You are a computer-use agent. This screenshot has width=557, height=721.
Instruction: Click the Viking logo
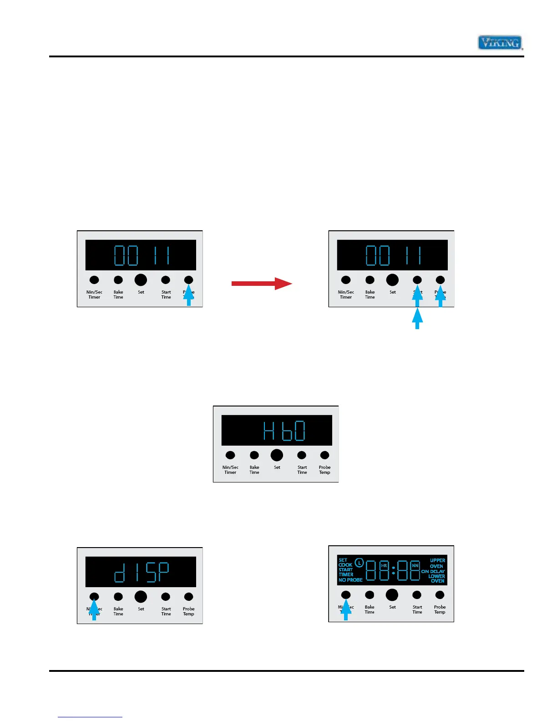[x=500, y=43]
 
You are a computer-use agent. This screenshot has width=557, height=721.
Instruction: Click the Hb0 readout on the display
[x=284, y=431]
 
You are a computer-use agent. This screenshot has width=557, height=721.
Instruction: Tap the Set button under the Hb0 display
[x=277, y=455]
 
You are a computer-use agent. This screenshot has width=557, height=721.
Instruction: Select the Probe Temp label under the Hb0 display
[x=324, y=470]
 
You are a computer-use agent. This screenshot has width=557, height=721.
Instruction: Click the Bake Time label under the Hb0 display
[x=254, y=470]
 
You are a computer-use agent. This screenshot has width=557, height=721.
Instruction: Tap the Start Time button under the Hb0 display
[x=301, y=455]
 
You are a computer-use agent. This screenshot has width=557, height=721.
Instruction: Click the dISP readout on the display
[x=141, y=572]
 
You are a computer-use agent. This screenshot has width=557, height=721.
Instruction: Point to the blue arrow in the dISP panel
[x=94, y=609]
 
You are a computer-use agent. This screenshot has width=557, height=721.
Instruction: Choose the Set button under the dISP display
[x=141, y=597]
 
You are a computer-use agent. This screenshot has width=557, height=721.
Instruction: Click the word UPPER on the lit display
[x=437, y=560]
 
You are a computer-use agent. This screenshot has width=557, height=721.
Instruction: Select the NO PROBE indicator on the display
[x=350, y=580]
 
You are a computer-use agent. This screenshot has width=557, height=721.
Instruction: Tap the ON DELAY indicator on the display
[x=433, y=571]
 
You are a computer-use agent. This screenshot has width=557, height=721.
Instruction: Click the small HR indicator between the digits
[x=384, y=566]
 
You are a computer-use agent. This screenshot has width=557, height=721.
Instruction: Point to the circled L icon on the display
[x=359, y=563]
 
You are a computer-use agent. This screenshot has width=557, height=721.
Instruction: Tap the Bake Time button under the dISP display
[x=118, y=597]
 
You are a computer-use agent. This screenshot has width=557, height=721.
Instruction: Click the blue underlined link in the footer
[x=90, y=717]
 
